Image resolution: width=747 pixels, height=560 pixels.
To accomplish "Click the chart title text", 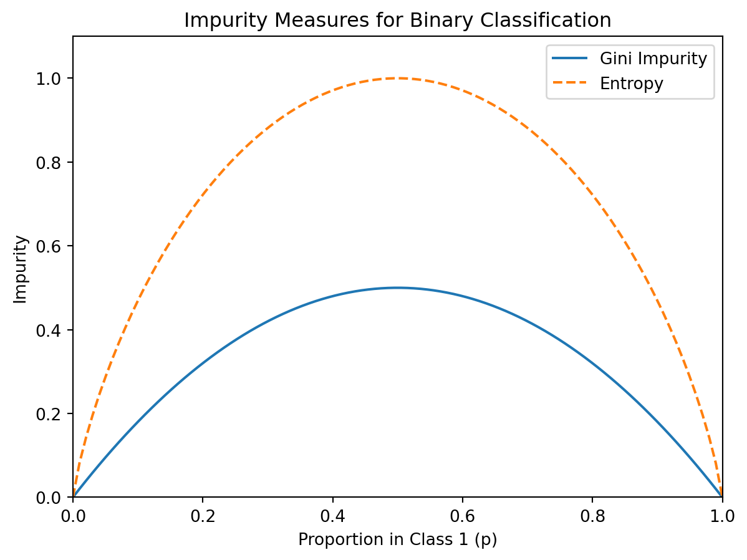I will coord(397,20).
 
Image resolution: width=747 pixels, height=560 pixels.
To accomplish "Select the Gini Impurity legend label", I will coord(653,59).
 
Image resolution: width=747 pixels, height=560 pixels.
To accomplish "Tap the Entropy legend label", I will coord(631,84).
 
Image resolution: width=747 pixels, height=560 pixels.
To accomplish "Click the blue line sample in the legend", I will coord(569,59).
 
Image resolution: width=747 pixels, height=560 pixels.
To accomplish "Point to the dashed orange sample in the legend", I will coord(569,84).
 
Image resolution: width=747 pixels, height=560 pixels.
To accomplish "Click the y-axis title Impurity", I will coord(21,269).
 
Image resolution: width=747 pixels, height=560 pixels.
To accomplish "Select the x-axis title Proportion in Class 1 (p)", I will coord(397,540).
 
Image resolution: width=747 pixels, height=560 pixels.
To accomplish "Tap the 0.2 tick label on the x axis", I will coord(203,516).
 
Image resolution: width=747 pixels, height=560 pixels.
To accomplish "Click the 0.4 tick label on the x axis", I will coord(332,516).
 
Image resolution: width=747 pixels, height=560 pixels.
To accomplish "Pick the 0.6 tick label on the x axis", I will coord(462,516).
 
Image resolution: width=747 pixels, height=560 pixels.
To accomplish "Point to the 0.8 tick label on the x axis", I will coord(592,516).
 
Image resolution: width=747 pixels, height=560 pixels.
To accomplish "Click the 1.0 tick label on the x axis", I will coord(721,516).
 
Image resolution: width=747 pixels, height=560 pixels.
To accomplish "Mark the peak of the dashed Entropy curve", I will coord(397,78).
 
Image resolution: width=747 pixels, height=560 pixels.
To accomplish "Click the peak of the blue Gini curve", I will coord(397,287).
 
